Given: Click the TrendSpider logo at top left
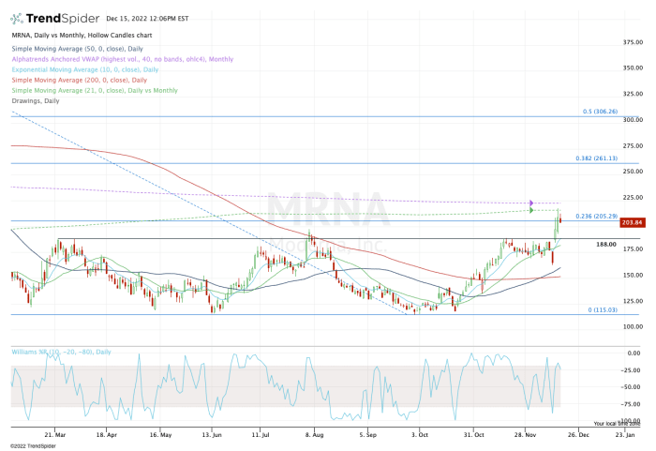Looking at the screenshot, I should [x=51, y=18].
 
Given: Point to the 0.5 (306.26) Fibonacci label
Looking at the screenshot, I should [x=599, y=112].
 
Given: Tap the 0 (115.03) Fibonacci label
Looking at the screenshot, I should [x=602, y=309].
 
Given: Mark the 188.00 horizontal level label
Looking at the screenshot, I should [x=605, y=244].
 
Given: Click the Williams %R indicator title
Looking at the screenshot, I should [x=61, y=352].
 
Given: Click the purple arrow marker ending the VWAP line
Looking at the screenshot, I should [x=531, y=203].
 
